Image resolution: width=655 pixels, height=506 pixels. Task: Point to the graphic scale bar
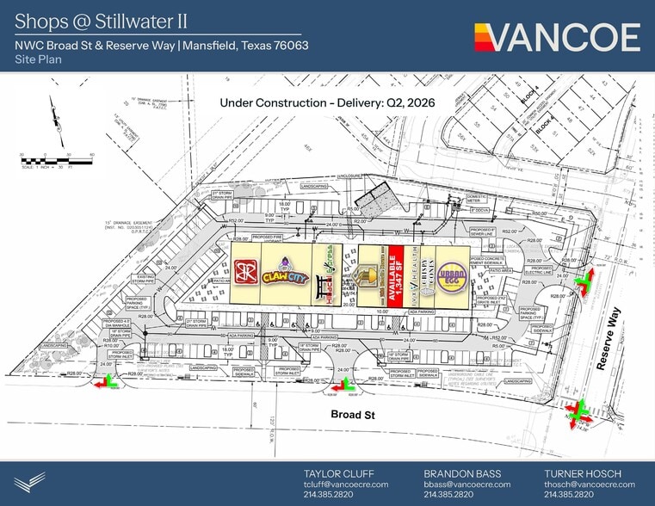point(56,161)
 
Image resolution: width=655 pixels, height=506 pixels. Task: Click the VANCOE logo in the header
point(557,37)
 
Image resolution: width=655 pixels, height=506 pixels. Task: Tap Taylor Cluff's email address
point(346,484)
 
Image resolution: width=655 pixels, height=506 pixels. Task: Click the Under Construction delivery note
point(328,102)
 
